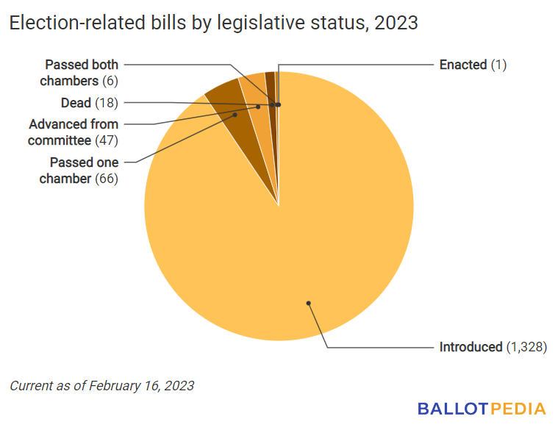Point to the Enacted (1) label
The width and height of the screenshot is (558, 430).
(473, 65)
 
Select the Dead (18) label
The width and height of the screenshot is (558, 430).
(90, 102)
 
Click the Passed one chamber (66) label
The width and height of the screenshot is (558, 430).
(84, 170)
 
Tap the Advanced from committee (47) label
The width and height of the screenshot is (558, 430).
(74, 132)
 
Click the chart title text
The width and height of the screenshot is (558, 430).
(213, 24)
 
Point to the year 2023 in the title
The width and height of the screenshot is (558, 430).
(396, 24)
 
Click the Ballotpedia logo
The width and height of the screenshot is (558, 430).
(482, 409)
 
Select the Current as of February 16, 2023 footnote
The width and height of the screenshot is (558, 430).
(102, 385)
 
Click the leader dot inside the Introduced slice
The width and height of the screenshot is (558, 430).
(309, 302)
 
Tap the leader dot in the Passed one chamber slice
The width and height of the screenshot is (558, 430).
(235, 115)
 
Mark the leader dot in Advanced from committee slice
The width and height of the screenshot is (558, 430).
(258, 107)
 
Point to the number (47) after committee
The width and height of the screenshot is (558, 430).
(107, 140)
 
